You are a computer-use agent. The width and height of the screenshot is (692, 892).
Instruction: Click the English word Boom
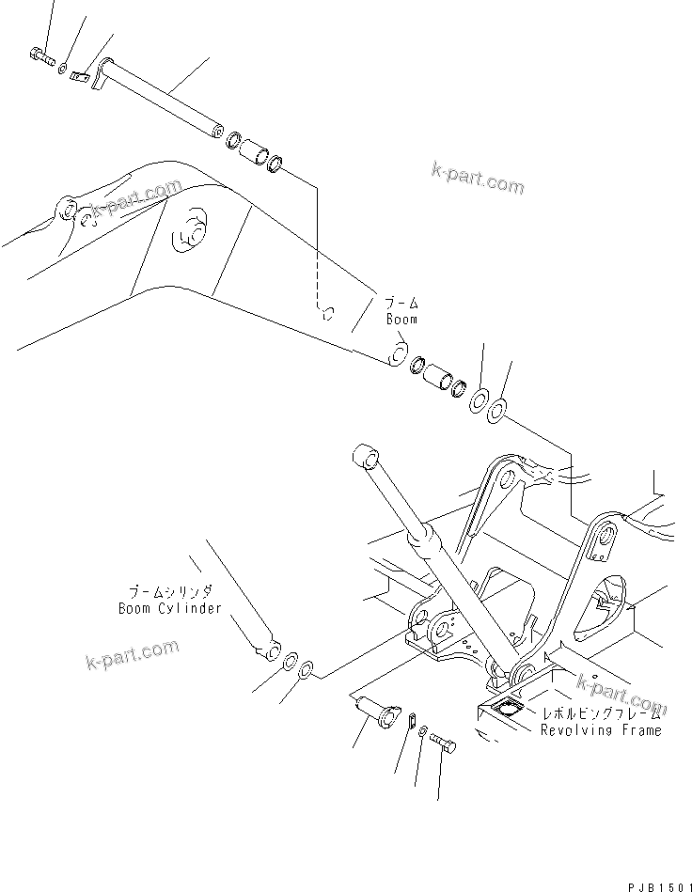click(401, 320)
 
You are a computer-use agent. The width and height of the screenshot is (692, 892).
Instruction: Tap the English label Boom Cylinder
click(169, 608)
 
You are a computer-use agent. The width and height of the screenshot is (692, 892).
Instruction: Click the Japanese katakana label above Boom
click(401, 303)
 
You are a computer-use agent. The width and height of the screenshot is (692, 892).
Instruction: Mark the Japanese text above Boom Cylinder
click(170, 591)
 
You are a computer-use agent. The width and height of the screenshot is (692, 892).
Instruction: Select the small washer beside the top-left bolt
click(62, 68)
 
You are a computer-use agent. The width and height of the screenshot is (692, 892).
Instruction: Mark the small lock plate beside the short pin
click(411, 720)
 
